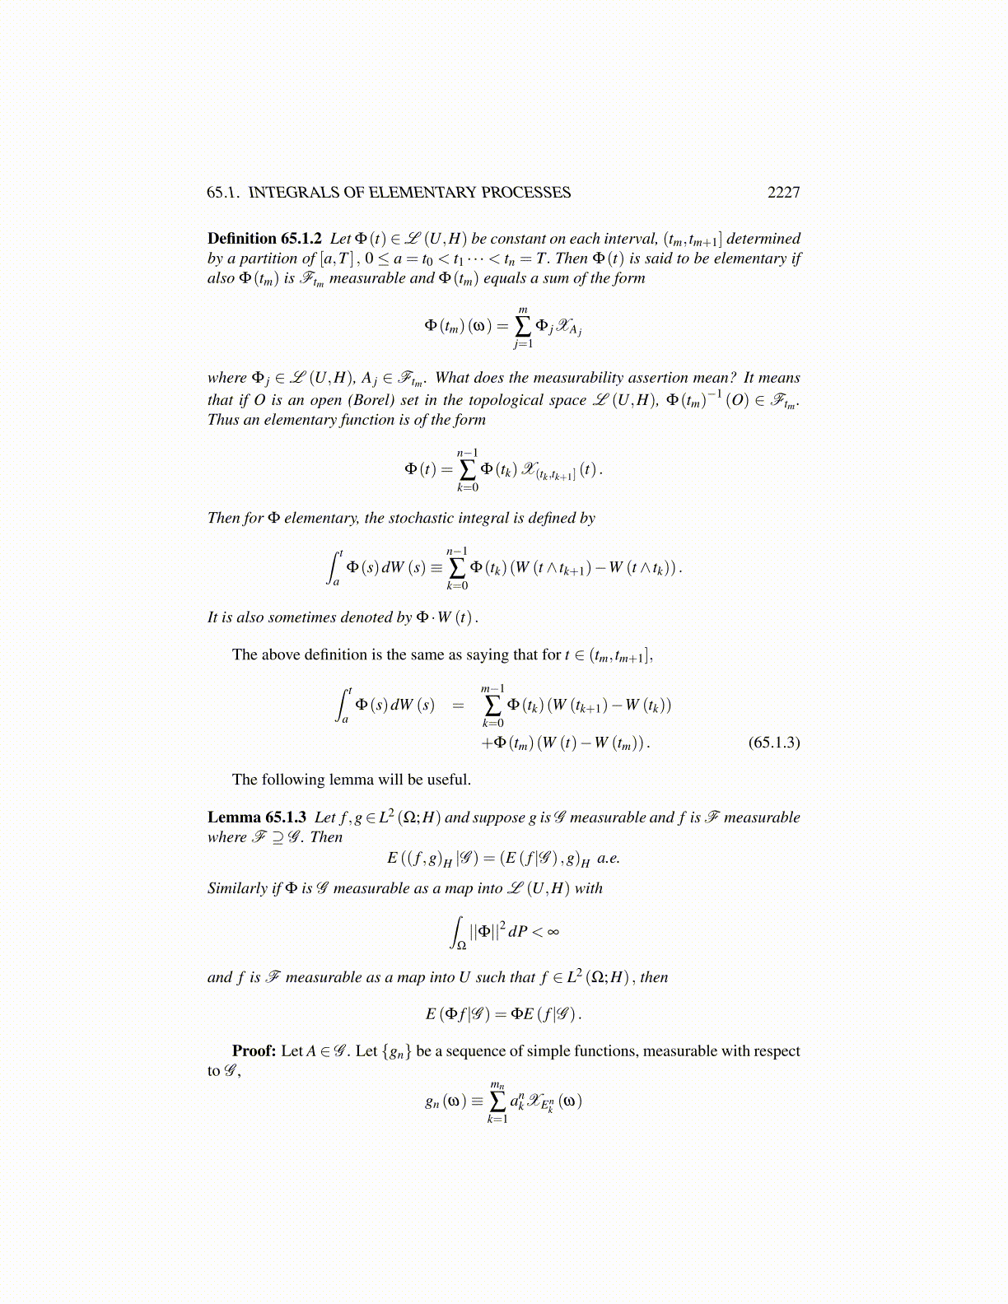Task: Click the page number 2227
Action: [783, 193]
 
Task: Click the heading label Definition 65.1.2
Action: [264, 239]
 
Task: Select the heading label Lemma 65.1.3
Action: [257, 817]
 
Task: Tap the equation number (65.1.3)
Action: [773, 743]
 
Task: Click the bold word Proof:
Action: [254, 1051]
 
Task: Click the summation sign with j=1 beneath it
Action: [523, 327]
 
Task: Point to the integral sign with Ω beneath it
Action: [458, 933]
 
